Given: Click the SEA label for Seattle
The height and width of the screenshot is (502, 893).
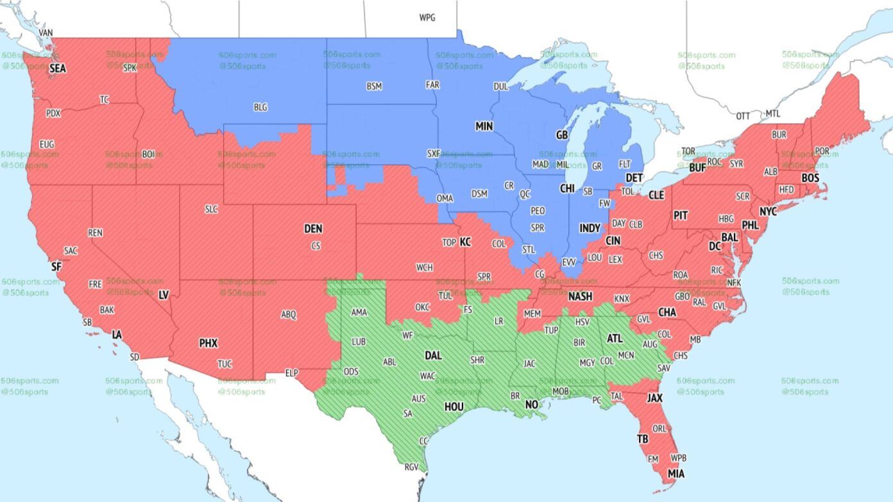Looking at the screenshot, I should pyautogui.click(x=58, y=68).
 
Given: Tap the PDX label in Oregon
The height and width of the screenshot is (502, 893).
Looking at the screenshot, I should pyautogui.click(x=53, y=113).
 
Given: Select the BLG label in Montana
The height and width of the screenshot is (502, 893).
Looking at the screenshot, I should pyautogui.click(x=260, y=108).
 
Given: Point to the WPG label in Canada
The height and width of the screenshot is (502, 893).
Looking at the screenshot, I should pyautogui.click(x=427, y=18).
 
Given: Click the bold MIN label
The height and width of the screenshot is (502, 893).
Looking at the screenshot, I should pyautogui.click(x=484, y=127).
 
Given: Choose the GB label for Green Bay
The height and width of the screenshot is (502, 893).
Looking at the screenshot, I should pyautogui.click(x=562, y=135).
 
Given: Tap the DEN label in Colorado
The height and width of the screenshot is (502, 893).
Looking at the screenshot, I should pyautogui.click(x=313, y=229).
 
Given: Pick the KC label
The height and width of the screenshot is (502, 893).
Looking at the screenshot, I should pyautogui.click(x=465, y=242).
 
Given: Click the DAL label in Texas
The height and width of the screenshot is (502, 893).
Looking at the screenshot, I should pyautogui.click(x=434, y=355).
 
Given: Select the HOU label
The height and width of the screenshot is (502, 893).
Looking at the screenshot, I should pyautogui.click(x=454, y=406).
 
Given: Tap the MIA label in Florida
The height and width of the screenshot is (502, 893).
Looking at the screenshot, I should pyautogui.click(x=676, y=474).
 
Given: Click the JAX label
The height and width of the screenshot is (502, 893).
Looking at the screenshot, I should pyautogui.click(x=654, y=398).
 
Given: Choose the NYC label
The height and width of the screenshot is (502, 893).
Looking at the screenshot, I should pyautogui.click(x=768, y=212).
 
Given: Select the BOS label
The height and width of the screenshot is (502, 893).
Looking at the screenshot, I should pyautogui.click(x=810, y=178).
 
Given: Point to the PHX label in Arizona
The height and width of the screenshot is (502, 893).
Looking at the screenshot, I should pyautogui.click(x=208, y=344).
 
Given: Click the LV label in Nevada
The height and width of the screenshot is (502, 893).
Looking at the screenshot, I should pyautogui.click(x=164, y=296).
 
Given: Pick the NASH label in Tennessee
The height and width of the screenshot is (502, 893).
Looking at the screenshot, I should pyautogui.click(x=580, y=297).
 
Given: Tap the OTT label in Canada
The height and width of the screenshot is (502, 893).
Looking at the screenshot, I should pyautogui.click(x=743, y=116).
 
